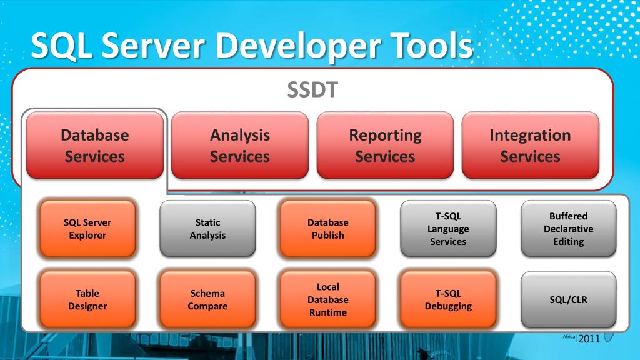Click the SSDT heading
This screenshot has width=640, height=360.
312,90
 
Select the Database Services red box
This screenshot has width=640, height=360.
95,145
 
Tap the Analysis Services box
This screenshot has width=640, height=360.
240,145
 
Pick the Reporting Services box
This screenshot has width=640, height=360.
385,145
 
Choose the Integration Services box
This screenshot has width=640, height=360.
530,145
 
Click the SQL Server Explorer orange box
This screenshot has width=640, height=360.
87,229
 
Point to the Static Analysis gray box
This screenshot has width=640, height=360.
207,229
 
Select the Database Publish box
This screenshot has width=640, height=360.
328,229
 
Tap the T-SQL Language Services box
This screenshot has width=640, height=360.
448,229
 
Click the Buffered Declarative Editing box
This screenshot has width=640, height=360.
569,229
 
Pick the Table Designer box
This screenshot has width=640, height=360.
87,299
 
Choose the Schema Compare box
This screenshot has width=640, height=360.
207,299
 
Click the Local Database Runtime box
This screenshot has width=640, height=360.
328,299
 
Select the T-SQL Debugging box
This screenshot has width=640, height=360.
448,299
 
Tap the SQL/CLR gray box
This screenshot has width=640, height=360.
569,299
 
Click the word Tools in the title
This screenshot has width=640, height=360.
425,46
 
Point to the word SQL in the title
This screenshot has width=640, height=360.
60,46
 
